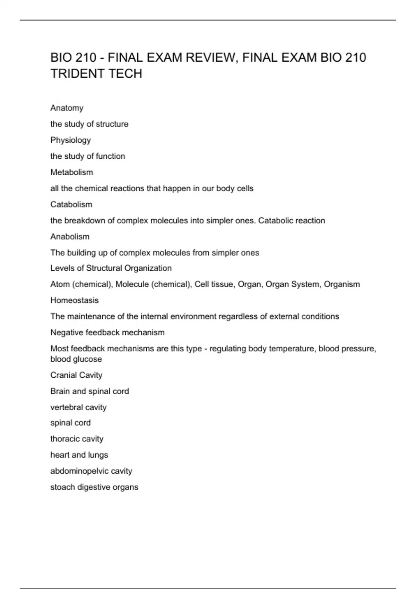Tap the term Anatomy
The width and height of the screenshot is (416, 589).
click(x=67, y=108)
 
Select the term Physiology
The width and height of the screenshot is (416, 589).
click(x=71, y=140)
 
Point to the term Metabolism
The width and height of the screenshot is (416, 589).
click(x=72, y=172)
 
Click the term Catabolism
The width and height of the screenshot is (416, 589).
click(x=71, y=204)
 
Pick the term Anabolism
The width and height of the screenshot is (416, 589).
click(x=70, y=237)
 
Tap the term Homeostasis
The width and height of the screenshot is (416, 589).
click(x=75, y=300)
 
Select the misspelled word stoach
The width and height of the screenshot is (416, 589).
click(x=62, y=487)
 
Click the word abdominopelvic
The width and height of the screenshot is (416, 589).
click(x=80, y=471)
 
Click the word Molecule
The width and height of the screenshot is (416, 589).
click(x=132, y=284)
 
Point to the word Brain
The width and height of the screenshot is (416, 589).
click(x=60, y=391)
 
